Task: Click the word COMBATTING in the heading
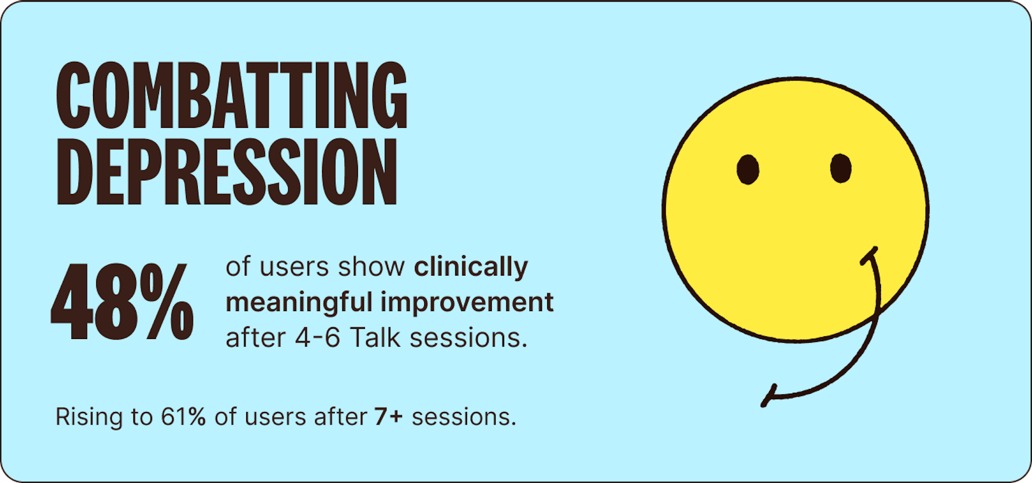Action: point(232,96)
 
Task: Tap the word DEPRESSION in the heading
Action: point(227,172)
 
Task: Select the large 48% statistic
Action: point(123,301)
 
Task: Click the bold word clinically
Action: point(471,268)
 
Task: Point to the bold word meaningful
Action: point(299,302)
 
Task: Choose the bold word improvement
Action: point(467,302)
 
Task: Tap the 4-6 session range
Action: point(318,338)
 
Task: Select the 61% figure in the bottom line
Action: point(183,417)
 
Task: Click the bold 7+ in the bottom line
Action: point(389,417)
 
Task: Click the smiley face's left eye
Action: point(748,169)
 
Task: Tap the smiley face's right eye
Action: point(841,168)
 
